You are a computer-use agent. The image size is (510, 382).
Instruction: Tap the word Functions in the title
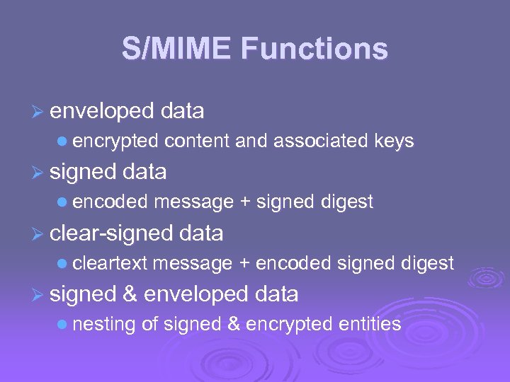[x=314, y=50]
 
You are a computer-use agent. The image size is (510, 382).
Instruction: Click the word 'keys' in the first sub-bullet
[x=394, y=141]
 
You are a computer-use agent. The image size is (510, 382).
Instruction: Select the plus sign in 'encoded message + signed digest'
[x=245, y=202]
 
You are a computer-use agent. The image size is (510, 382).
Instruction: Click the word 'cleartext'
[x=110, y=264]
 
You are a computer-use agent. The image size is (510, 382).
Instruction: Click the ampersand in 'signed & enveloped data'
[x=130, y=294]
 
